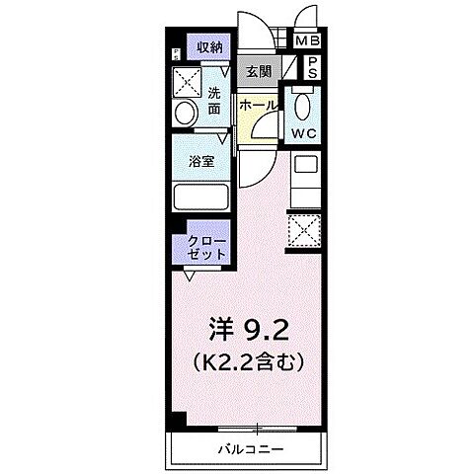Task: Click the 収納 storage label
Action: [208, 46]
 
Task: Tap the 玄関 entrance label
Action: [259, 71]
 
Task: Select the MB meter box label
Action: [308, 41]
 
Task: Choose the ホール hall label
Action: [257, 104]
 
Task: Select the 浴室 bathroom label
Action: [201, 161]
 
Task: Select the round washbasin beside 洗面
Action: [186, 114]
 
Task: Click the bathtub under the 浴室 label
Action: [201, 196]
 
